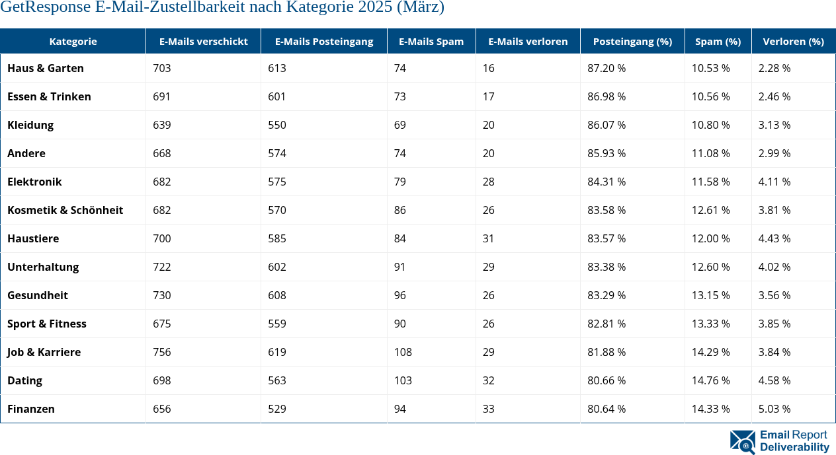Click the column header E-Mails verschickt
(x=203, y=41)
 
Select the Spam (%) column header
(x=718, y=41)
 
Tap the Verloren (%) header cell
(x=793, y=41)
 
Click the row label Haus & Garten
(x=46, y=68)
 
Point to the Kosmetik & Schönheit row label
(x=65, y=210)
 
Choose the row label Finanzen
(x=31, y=409)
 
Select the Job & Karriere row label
(x=44, y=352)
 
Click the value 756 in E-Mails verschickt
(x=161, y=352)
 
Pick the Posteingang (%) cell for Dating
(x=606, y=380)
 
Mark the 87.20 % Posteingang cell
(x=606, y=68)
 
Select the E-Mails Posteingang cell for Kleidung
(x=276, y=125)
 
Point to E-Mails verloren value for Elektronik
(x=488, y=182)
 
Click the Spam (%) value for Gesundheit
(x=710, y=295)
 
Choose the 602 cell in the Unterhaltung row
(x=276, y=267)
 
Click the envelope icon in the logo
(x=742, y=442)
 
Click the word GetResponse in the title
(x=45, y=8)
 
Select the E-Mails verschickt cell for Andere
(x=161, y=153)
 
